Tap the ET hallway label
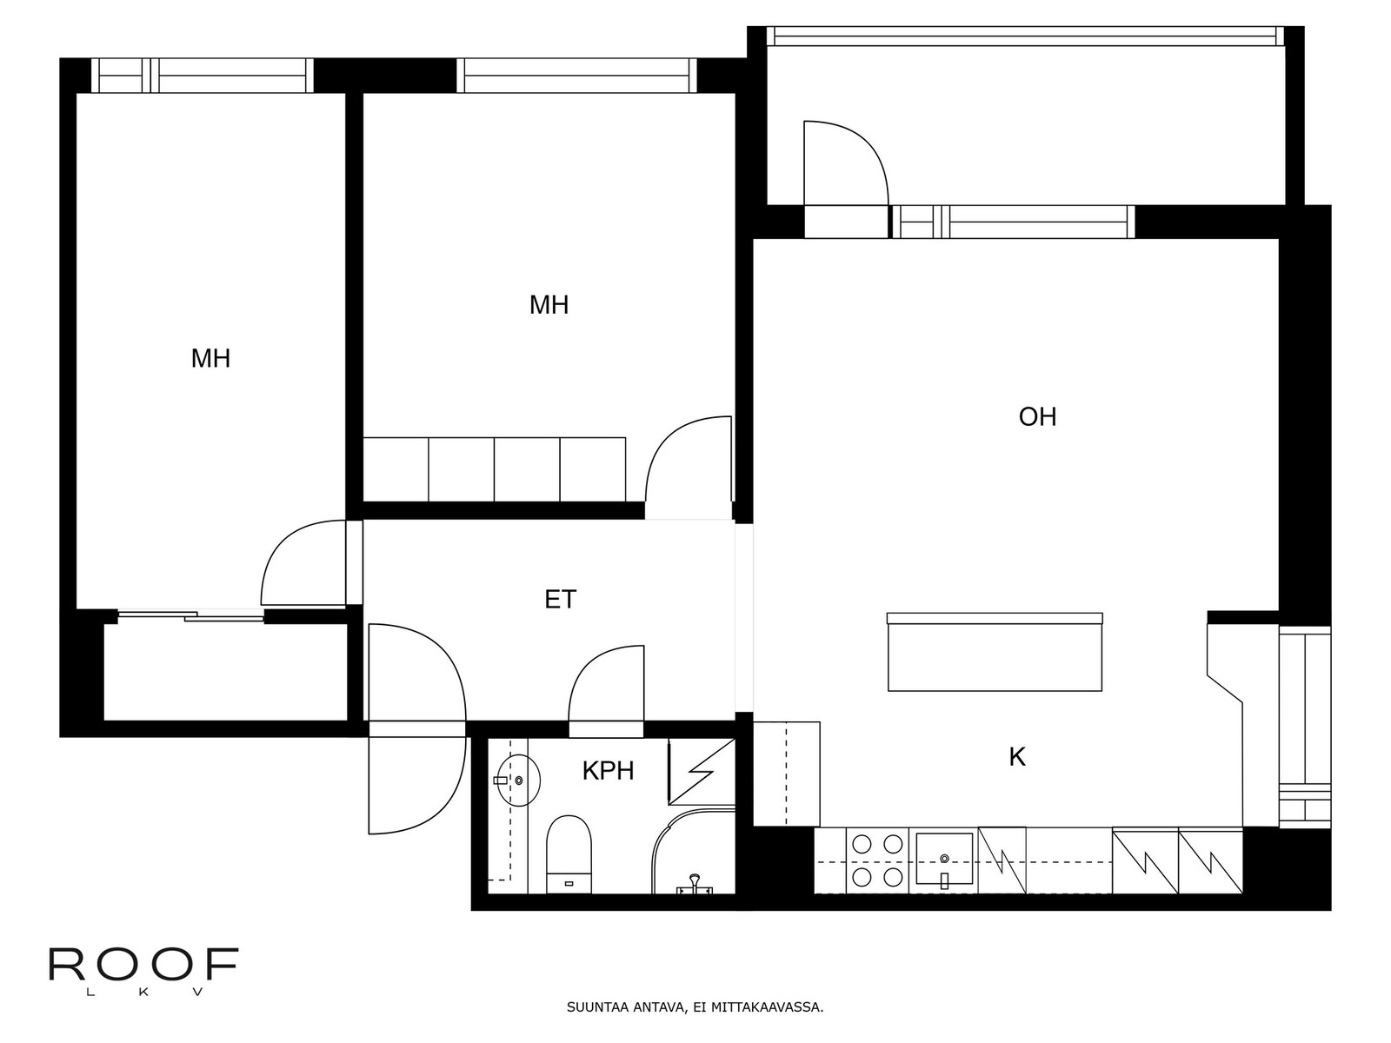[560, 599]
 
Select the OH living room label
[1037, 416]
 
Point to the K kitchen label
[1016, 757]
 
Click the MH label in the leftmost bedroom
[210, 358]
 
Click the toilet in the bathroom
[569, 854]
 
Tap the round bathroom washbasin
[518, 781]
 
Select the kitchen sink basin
[944, 859]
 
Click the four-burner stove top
[877, 860]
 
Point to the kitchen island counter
[995, 652]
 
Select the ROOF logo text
[143, 964]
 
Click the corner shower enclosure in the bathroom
[693, 851]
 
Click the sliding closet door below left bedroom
[190, 615]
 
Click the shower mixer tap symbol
[695, 883]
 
